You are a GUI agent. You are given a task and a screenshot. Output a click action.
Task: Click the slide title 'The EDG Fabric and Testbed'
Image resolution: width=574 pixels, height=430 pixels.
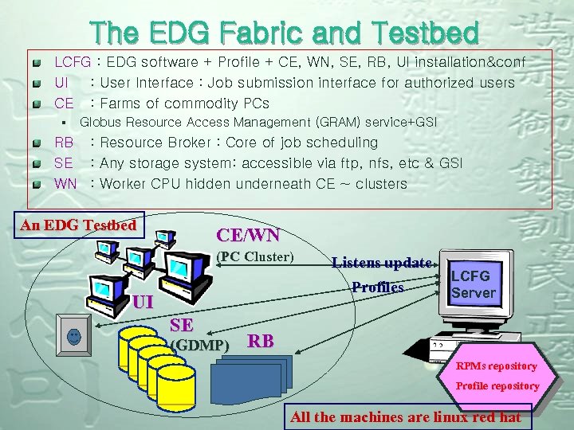pos(285,33)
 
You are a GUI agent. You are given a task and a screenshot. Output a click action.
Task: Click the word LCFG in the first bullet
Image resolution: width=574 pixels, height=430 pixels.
pos(72,62)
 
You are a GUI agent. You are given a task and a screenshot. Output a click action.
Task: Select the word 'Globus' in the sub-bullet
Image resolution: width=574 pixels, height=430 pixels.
pos(98,123)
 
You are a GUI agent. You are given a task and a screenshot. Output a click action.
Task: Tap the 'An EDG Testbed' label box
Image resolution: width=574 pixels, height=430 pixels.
pos(78,225)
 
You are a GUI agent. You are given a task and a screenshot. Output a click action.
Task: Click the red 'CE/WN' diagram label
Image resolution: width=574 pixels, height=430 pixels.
pos(248,235)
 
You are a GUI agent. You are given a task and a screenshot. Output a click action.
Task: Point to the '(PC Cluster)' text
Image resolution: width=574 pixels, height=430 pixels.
pos(256,256)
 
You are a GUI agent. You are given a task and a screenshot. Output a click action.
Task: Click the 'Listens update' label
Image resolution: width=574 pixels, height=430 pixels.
pos(383,262)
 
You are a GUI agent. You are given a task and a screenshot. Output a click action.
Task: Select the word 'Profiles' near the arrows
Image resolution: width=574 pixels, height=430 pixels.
pos(378,287)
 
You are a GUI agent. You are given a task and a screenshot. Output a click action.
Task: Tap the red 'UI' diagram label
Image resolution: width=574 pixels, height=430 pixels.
pos(143,302)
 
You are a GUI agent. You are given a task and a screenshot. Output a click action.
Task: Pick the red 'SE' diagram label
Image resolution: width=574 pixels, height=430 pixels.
pos(181,324)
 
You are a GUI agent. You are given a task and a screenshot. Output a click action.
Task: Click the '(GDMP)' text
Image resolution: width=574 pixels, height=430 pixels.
pos(200,346)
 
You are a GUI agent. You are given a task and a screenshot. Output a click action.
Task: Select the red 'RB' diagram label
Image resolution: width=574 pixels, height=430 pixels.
pos(261,342)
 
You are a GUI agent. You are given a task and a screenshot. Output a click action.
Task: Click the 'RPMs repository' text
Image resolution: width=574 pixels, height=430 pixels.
pos(496,366)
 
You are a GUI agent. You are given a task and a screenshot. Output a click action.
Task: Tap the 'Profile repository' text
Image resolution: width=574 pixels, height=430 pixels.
pos(497,386)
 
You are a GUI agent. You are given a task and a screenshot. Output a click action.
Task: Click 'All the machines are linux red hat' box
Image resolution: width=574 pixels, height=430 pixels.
pos(406,417)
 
